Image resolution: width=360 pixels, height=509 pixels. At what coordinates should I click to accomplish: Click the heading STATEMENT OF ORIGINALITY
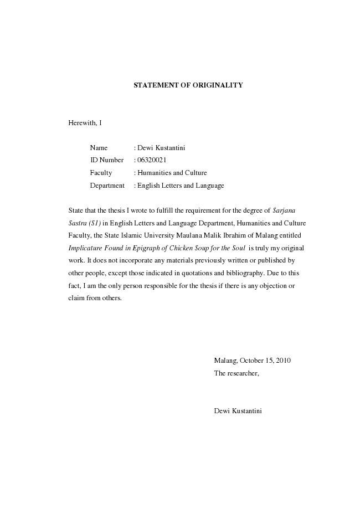click(x=188, y=85)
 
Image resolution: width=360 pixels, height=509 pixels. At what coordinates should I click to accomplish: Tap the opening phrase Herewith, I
click(x=85, y=122)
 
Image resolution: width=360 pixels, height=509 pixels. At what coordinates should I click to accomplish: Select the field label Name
click(x=99, y=148)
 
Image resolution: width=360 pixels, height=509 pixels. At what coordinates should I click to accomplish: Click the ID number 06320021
click(x=152, y=161)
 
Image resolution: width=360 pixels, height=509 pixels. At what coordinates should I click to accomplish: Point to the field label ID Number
click(x=107, y=161)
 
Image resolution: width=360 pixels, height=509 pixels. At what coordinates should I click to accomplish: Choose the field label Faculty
click(x=101, y=173)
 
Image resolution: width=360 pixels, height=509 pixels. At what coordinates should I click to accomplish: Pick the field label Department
click(x=107, y=186)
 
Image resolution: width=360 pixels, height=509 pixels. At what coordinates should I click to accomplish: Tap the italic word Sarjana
click(x=285, y=210)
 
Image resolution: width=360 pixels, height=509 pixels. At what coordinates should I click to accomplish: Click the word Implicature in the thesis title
click(x=85, y=248)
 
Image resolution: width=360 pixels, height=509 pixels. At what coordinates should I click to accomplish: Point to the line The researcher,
click(x=236, y=373)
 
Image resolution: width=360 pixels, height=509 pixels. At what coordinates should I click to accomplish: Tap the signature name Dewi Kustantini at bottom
click(x=238, y=411)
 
